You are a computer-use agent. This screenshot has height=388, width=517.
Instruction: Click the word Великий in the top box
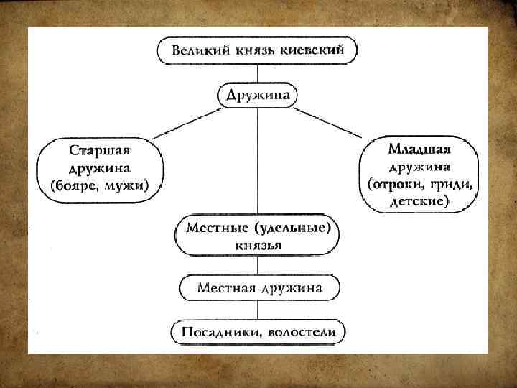click(x=198, y=50)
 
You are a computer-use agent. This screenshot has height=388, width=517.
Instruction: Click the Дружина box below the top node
click(x=257, y=95)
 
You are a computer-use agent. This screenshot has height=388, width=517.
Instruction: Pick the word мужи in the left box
click(x=129, y=186)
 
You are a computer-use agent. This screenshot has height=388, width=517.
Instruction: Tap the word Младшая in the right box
click(x=419, y=149)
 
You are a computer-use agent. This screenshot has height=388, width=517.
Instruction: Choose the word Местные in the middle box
click(x=211, y=228)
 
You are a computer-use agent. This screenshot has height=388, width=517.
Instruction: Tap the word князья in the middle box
click(x=257, y=245)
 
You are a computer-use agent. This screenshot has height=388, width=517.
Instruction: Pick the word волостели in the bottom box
click(x=302, y=333)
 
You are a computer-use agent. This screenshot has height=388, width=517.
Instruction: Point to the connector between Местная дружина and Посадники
click(x=257, y=310)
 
